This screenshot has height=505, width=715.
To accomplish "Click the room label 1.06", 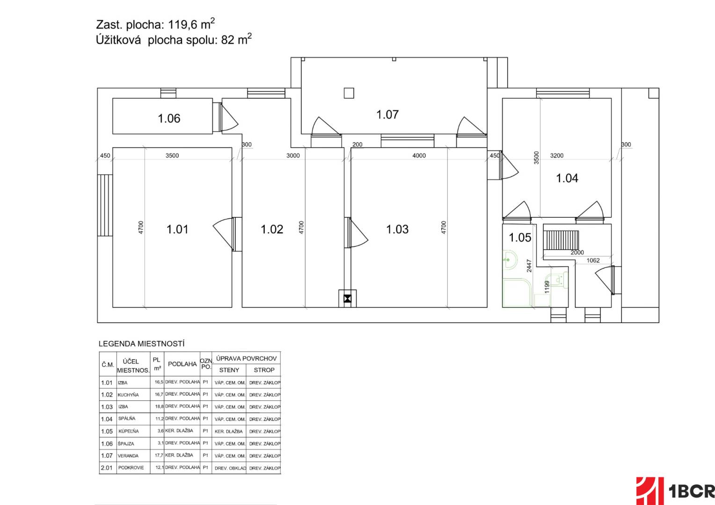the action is (169, 118).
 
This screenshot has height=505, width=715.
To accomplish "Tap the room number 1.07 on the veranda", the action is (387, 115).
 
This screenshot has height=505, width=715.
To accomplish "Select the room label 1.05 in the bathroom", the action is (520, 238).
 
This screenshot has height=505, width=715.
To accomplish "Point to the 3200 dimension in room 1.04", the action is (557, 155).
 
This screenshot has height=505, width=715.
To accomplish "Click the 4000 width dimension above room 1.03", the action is (419, 155).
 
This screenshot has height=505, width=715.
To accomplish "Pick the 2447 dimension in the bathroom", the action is (529, 266).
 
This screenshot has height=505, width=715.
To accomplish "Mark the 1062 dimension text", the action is (593, 260).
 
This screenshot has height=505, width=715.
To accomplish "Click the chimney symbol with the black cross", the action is (347, 299).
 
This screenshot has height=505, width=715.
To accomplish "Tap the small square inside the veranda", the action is (349, 93).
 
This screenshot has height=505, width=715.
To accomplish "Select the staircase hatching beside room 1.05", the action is (561, 240).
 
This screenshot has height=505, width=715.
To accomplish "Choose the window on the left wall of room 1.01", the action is (105, 205).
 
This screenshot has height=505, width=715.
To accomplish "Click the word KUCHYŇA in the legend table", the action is (128, 395).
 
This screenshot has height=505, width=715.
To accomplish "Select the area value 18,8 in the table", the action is (159, 406).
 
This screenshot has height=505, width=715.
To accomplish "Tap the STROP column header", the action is (264, 370).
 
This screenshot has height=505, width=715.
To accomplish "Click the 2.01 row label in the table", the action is (107, 468).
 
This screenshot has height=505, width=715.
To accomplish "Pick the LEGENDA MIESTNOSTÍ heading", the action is (141, 344).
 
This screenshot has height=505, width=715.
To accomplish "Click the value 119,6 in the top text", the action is (183, 25).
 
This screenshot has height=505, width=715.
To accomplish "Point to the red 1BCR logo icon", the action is (649, 491).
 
